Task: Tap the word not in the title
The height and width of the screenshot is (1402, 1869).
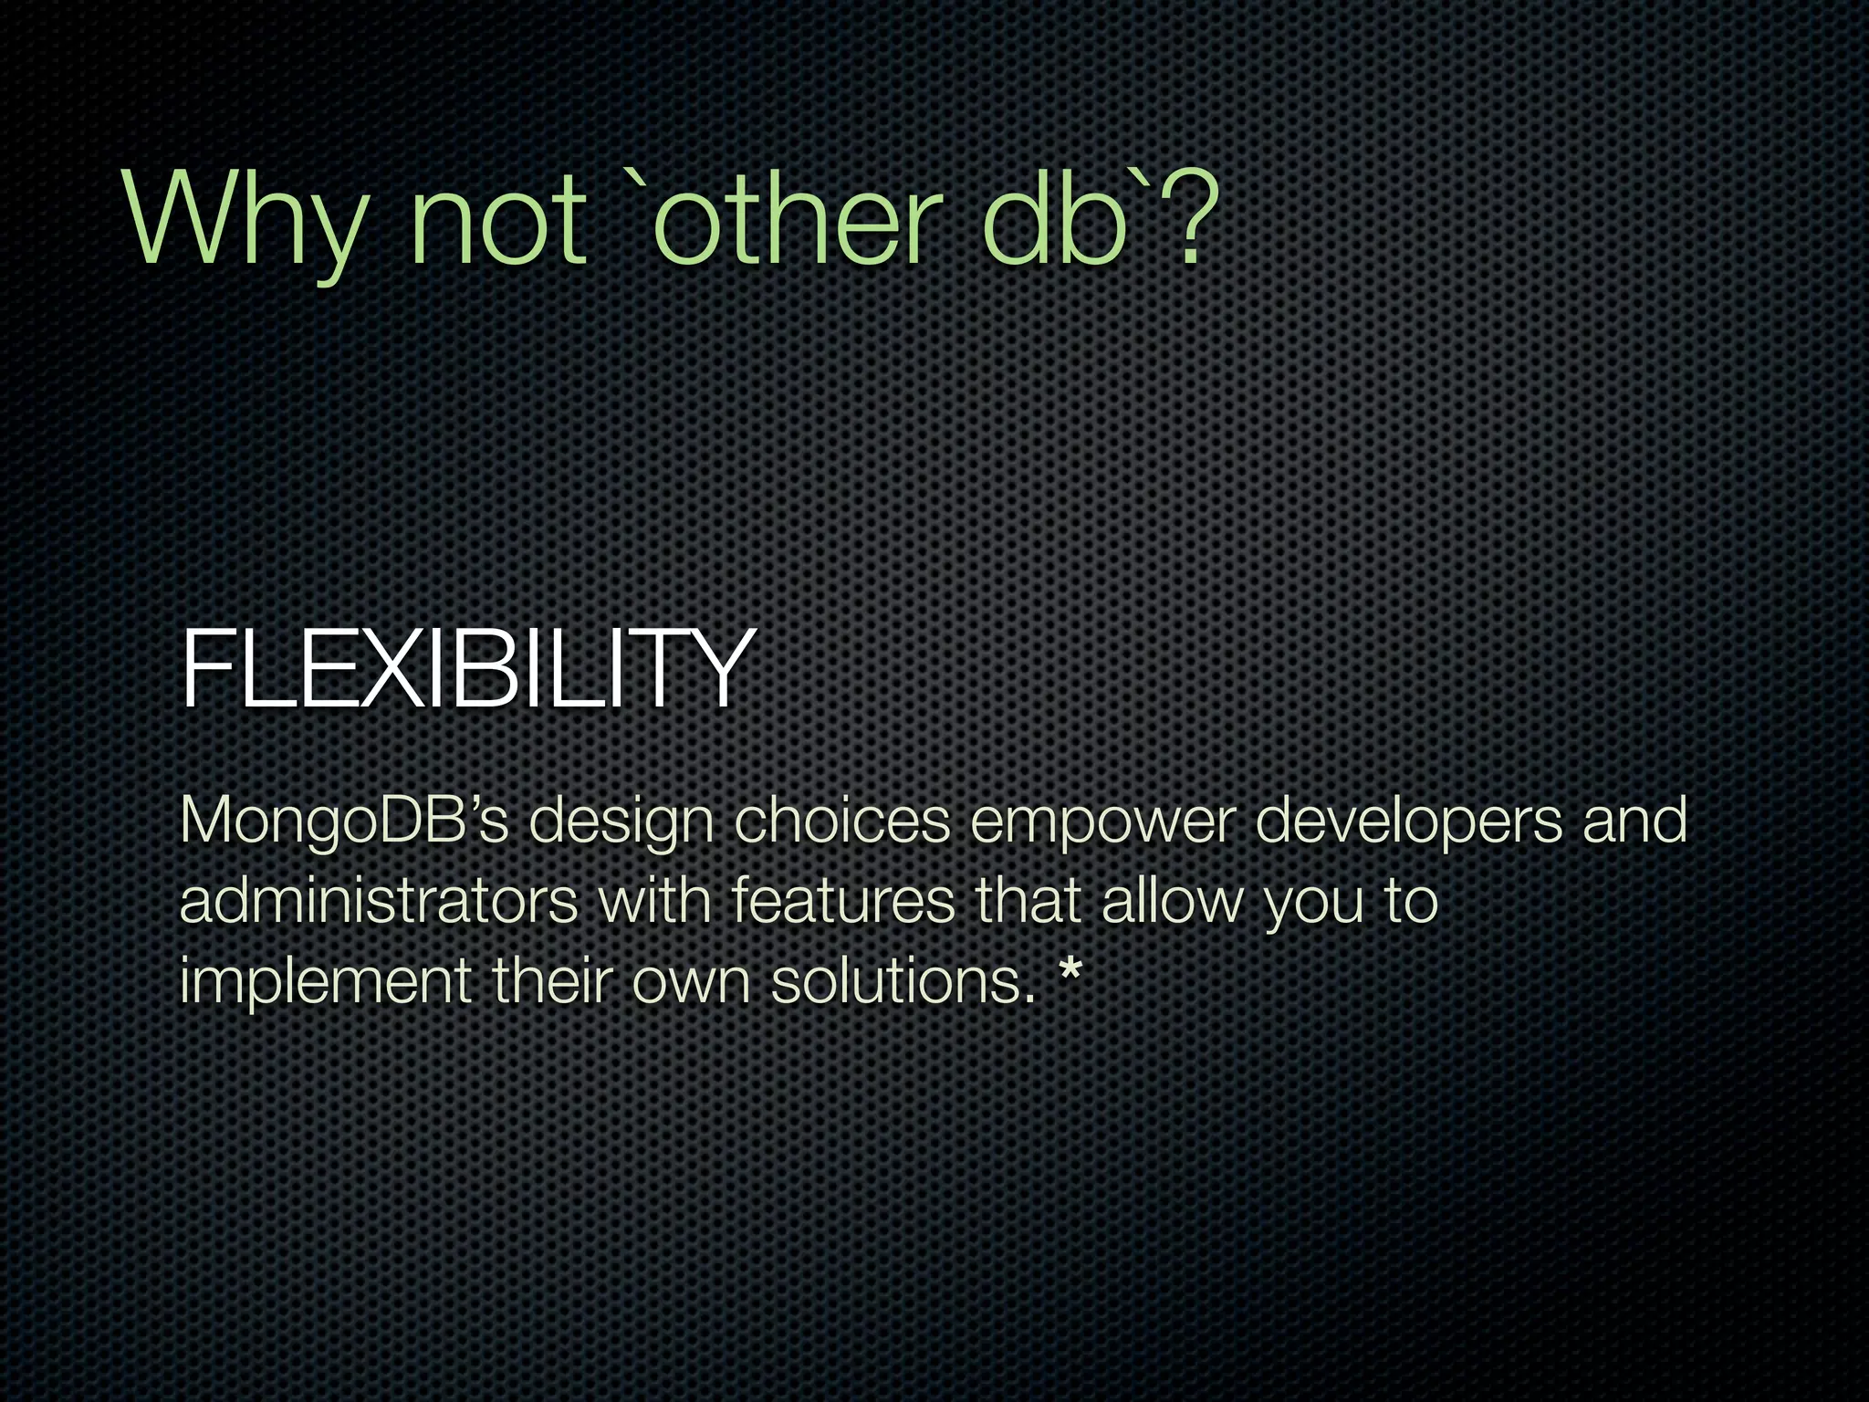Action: coord(497,224)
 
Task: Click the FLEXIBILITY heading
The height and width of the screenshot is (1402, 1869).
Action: coord(467,668)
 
